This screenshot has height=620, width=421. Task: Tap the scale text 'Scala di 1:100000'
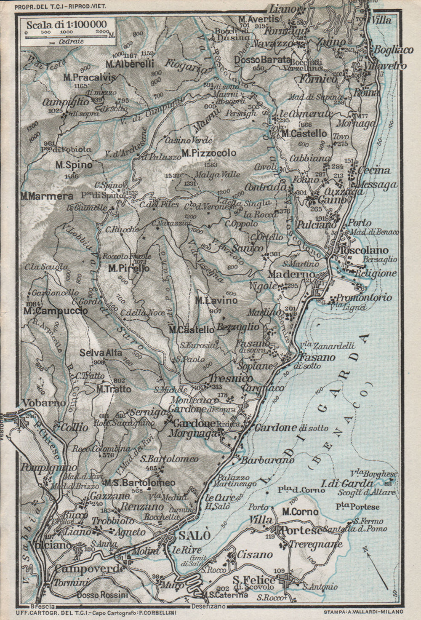(x=66, y=24)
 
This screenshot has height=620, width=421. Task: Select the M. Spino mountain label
(x=74, y=165)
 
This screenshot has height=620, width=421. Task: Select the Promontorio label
(x=361, y=297)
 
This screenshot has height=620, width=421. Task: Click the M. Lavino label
(x=216, y=301)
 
